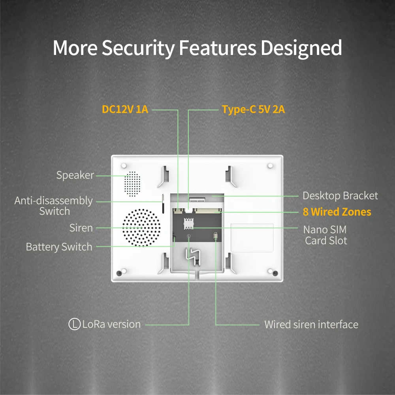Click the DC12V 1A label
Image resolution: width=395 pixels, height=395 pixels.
click(x=125, y=109)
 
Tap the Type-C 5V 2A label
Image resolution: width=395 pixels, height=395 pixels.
click(x=253, y=109)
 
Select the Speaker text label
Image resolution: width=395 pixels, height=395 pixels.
click(x=75, y=175)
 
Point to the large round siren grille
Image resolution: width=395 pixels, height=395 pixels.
click(x=141, y=227)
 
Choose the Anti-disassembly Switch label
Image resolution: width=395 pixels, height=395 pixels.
click(x=54, y=206)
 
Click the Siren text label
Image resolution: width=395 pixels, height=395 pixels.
click(x=81, y=228)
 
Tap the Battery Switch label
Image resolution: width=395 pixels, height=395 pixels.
click(x=59, y=247)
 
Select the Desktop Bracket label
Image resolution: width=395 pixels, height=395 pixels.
click(x=340, y=195)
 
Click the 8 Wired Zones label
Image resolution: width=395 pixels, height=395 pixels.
click(x=337, y=212)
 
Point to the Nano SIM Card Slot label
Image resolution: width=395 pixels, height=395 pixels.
click(x=325, y=235)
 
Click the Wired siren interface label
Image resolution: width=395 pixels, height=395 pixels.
click(x=311, y=325)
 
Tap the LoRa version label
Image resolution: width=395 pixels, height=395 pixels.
click(x=111, y=324)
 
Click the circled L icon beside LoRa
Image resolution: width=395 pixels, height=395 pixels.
click(x=74, y=324)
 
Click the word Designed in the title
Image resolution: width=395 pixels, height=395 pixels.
click(x=301, y=48)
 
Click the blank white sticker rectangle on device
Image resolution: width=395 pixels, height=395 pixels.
click(x=252, y=237)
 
